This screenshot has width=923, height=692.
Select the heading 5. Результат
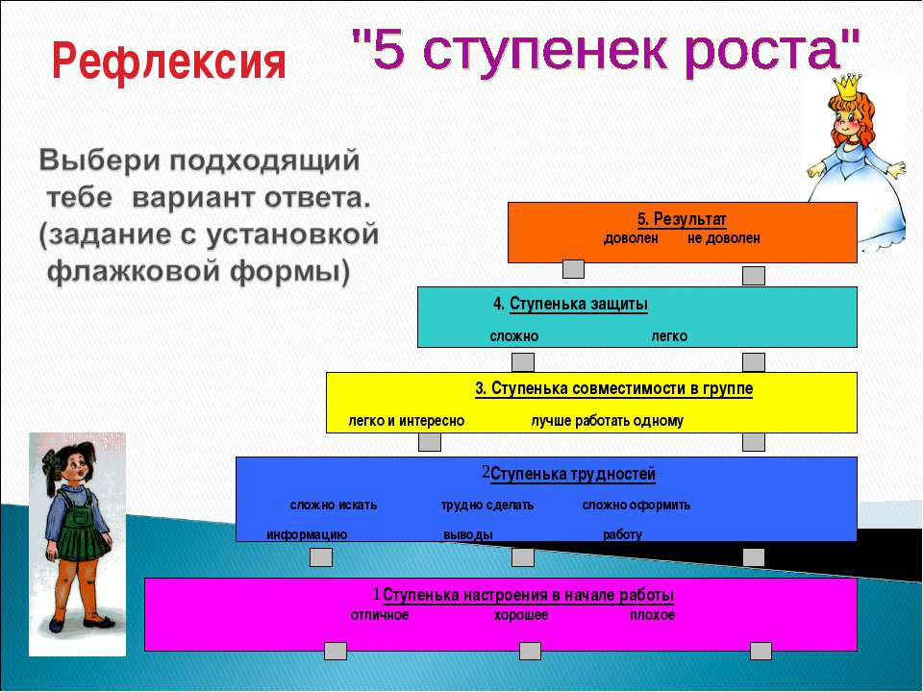point(682,219)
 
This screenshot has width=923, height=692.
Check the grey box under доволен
point(573,269)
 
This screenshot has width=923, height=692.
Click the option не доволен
point(723,238)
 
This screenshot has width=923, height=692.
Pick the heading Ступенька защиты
point(578,305)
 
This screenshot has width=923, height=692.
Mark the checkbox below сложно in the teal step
point(523,362)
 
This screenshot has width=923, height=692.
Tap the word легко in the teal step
point(669,336)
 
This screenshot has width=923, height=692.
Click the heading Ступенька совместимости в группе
point(622,389)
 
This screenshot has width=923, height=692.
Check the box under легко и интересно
point(430,442)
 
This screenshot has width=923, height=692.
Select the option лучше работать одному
point(607,421)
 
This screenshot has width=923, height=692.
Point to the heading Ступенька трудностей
point(573,474)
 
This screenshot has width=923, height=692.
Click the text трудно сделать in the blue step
point(487,506)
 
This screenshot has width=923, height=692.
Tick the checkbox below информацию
point(321,557)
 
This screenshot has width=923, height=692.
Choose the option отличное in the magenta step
point(380,615)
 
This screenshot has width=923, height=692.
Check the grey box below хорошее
point(530,651)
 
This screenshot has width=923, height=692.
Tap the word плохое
point(652,615)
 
